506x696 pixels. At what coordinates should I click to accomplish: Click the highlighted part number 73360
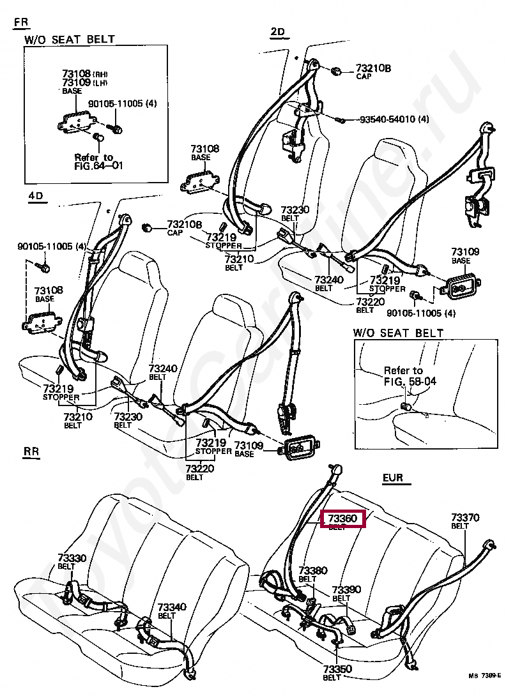(342, 519)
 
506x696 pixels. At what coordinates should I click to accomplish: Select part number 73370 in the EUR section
(465, 518)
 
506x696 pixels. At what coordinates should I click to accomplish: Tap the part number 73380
(313, 570)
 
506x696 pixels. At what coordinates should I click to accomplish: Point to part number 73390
(346, 590)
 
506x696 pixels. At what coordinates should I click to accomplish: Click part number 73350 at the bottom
(337, 669)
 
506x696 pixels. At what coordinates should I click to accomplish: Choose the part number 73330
(72, 558)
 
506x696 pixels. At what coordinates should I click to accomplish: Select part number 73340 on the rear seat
(172, 607)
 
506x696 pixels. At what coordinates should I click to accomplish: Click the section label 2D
(277, 32)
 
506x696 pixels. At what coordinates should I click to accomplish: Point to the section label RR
(31, 452)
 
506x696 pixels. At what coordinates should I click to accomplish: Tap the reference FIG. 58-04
(411, 382)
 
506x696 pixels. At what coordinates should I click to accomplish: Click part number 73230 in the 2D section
(295, 209)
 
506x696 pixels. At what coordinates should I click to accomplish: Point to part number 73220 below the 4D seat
(199, 469)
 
